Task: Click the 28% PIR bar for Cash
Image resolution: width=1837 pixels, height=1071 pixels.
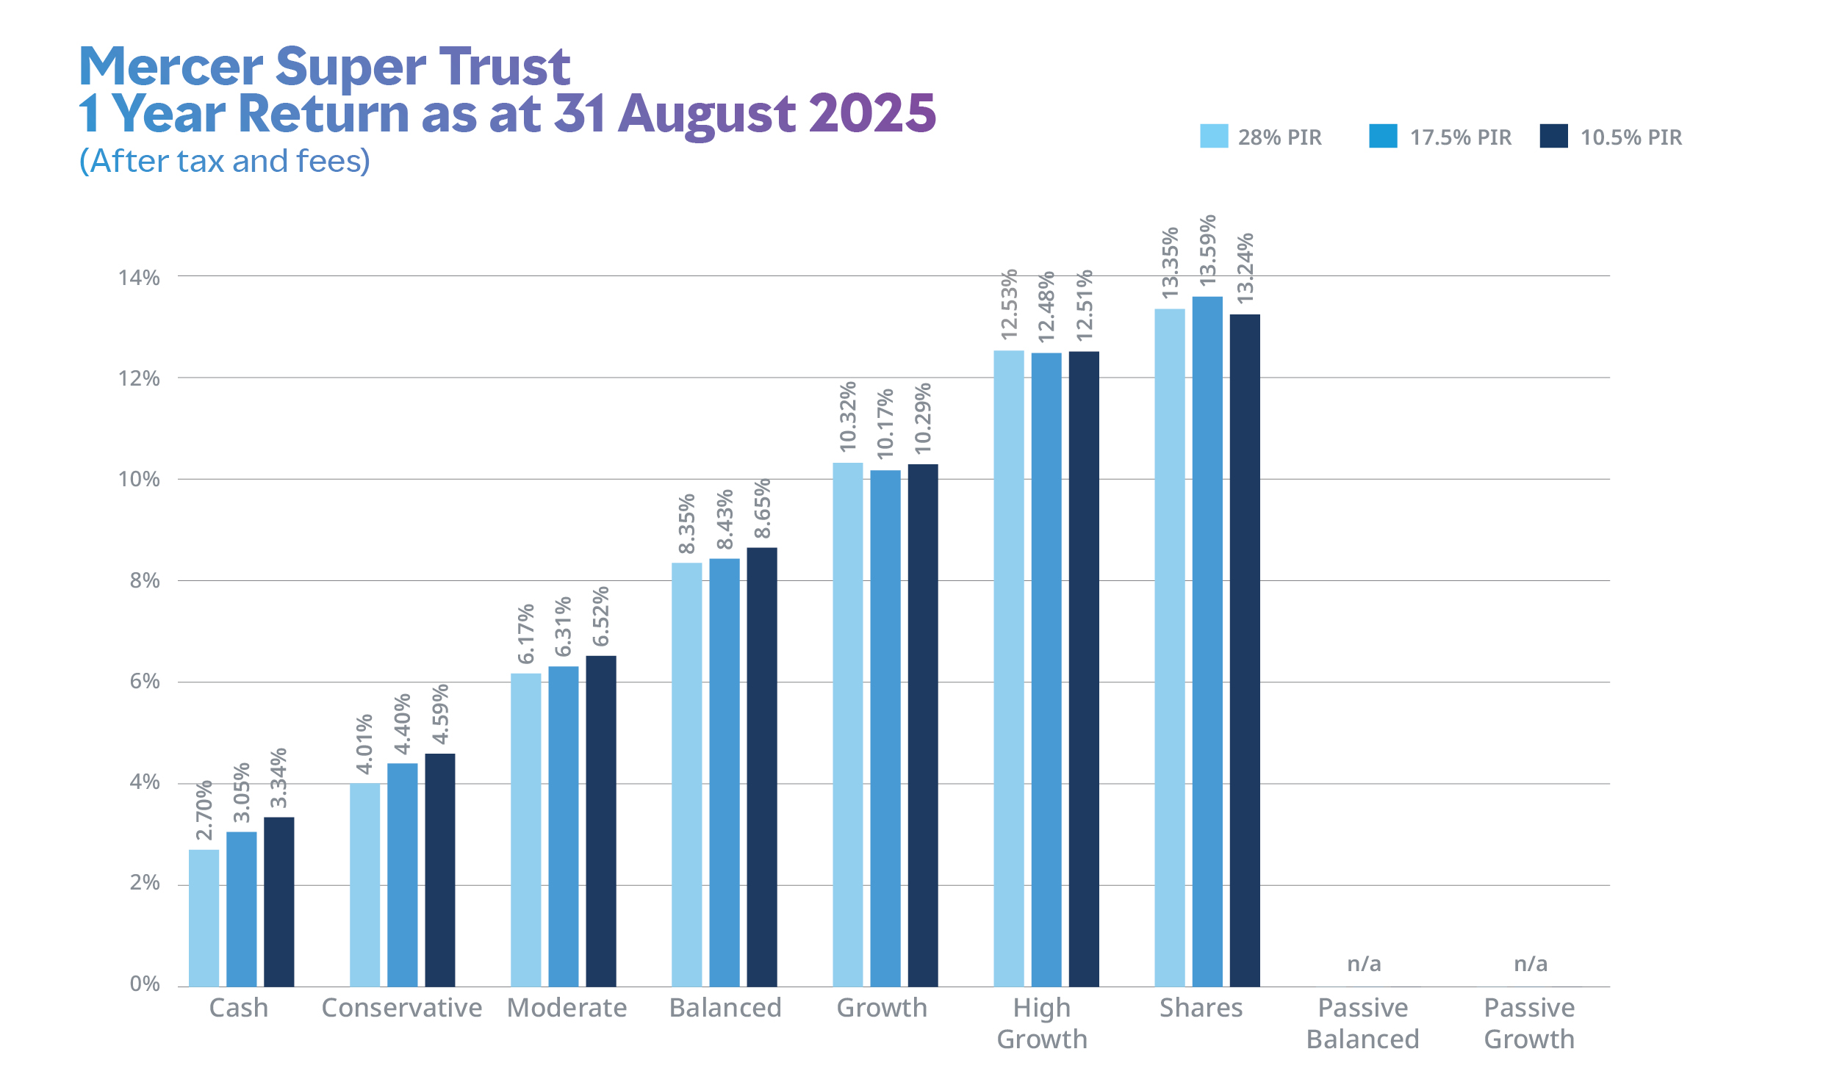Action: pos(204,917)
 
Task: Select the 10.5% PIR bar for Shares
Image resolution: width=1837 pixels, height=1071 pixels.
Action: pos(1245,650)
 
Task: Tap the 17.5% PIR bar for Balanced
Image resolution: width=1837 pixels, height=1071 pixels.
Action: pos(725,772)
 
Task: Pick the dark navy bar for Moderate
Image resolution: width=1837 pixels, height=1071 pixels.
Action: pos(601,821)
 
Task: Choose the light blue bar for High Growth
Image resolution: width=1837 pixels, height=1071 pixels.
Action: pos(1009,668)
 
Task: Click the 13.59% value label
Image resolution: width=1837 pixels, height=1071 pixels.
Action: pos(1207,250)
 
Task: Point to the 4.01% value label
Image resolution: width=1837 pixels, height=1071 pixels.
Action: pos(364,744)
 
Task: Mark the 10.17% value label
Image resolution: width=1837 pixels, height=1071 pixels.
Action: pos(885,424)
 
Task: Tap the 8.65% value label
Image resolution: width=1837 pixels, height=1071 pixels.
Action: pos(762,508)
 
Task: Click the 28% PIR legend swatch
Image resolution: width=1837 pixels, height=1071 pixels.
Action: pos(1214,136)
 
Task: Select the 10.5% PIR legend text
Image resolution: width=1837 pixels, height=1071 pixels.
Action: pos(1631,137)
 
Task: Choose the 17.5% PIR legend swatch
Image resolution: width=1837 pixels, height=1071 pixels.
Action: pos(1383,136)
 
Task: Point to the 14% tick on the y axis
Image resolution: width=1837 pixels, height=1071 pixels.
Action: pos(139,278)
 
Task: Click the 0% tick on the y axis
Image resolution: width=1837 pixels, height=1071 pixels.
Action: pos(145,984)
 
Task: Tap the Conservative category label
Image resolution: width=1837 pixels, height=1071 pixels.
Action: pos(402,1008)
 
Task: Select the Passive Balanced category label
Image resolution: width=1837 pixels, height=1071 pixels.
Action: pos(1363,1023)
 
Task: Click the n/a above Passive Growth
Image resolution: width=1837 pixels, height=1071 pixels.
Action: pos(1531,963)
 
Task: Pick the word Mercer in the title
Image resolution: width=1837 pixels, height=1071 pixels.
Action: pos(170,67)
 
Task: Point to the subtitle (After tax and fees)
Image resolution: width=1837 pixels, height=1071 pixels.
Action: pos(225,161)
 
